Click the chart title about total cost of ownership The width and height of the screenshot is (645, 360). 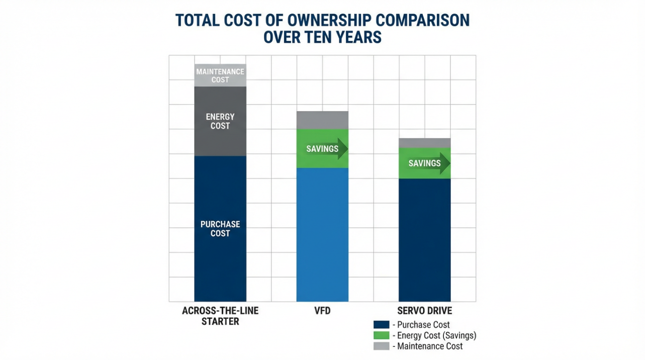point(322,29)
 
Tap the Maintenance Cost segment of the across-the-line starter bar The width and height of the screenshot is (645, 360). point(220,75)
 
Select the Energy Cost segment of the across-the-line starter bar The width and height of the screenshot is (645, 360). point(220,121)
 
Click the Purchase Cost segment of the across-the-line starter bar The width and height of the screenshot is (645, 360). point(220,229)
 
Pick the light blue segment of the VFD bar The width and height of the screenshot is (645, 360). point(322,234)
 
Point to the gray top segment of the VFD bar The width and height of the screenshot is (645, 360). point(322,120)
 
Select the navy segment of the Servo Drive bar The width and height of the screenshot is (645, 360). point(424,240)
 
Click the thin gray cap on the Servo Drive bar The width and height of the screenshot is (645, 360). point(424,143)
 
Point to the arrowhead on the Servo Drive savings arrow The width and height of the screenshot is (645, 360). point(445,163)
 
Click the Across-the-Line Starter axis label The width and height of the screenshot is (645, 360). point(220,316)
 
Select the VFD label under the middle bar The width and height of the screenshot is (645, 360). point(322,311)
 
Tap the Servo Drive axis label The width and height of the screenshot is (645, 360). point(424,311)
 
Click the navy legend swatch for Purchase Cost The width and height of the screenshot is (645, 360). point(381,325)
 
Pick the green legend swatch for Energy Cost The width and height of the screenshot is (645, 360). point(381,335)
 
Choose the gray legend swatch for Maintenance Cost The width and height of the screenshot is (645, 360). point(381,346)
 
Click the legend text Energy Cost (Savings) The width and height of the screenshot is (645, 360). point(436,335)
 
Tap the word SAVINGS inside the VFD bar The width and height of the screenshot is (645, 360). point(322,149)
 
